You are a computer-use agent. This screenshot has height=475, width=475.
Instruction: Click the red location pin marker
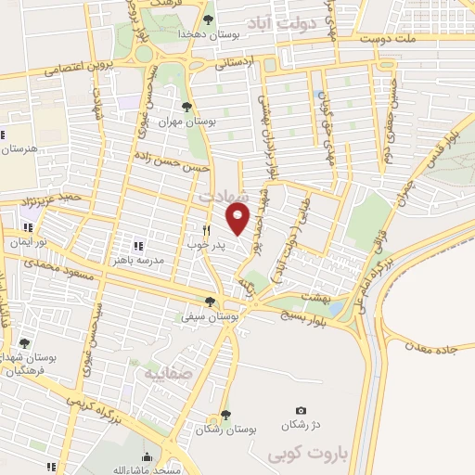coord(238,219)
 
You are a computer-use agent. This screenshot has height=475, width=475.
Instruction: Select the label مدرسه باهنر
coord(163,261)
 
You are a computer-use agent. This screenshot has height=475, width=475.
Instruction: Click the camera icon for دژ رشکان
coord(301,411)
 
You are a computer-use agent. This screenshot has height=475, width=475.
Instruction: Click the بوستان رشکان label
coord(226,430)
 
